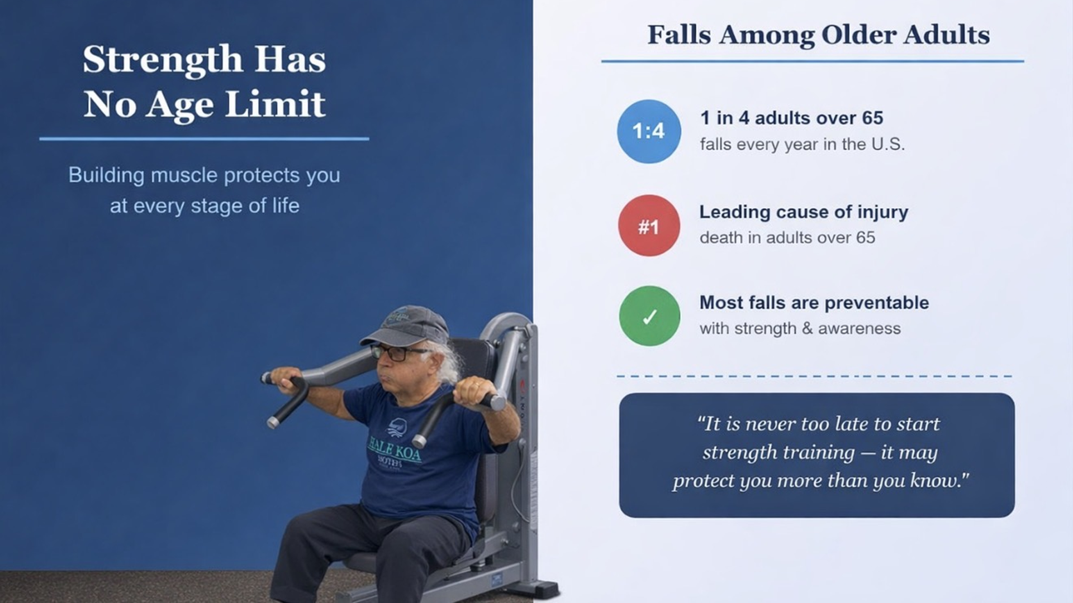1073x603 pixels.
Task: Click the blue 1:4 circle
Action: click(x=649, y=131)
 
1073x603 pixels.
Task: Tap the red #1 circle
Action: click(x=649, y=226)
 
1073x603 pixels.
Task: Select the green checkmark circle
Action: click(x=649, y=316)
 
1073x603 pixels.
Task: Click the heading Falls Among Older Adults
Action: click(x=818, y=35)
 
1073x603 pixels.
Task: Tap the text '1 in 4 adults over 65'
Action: click(x=791, y=118)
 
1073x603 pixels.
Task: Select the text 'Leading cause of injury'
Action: click(x=804, y=212)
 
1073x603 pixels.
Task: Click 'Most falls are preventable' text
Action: click(x=814, y=303)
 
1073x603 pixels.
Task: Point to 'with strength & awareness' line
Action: click(x=800, y=328)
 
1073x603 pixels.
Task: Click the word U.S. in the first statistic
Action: click(x=887, y=144)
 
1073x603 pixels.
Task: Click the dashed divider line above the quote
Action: click(x=814, y=376)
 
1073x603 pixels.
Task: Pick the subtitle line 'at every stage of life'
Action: click(x=205, y=205)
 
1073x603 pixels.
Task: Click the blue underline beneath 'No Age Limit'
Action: click(x=204, y=138)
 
